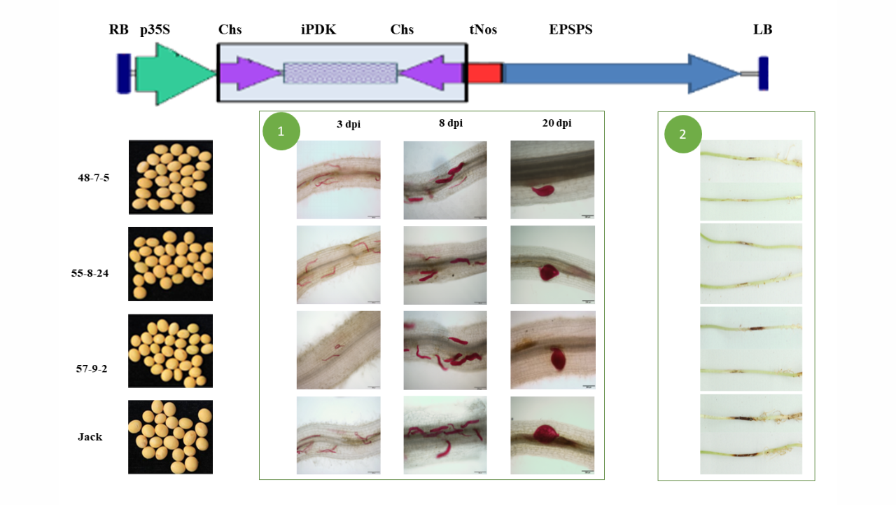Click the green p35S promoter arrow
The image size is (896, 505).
[175, 74]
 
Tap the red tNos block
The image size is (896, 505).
[485, 74]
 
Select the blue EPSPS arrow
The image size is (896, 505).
[621, 74]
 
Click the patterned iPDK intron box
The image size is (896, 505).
[340, 73]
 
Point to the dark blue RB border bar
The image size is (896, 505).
[124, 74]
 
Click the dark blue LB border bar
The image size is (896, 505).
[763, 74]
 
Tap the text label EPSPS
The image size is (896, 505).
[570, 29]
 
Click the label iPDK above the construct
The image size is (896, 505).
[318, 29]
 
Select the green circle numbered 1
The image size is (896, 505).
[281, 131]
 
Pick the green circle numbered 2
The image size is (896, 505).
[682, 134]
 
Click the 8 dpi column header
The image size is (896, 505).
[451, 123]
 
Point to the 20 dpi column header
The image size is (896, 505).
[556, 123]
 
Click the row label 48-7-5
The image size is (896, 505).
[94, 178]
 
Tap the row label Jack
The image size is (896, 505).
[90, 436]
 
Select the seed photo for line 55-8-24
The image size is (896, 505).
[170, 263]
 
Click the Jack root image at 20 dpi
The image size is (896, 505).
[552, 436]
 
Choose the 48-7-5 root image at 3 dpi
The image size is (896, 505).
[338, 180]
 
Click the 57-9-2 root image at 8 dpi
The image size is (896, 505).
[445, 350]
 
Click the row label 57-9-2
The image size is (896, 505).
[92, 368]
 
